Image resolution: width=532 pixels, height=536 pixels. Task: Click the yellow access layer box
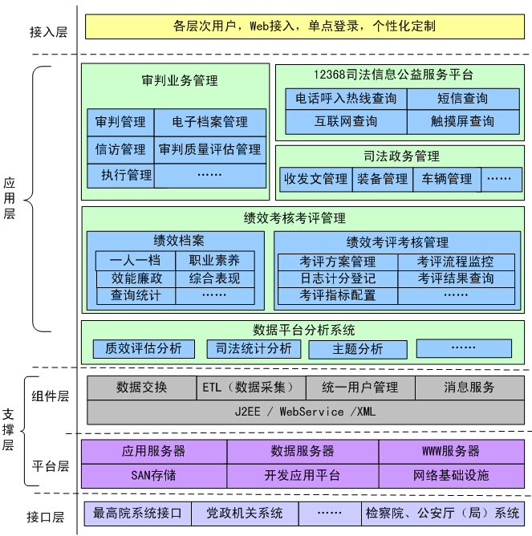tap(305, 26)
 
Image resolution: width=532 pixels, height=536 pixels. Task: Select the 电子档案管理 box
tap(210, 123)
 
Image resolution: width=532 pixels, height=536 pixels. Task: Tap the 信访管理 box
tap(120, 150)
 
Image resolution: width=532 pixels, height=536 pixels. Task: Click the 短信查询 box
tap(463, 99)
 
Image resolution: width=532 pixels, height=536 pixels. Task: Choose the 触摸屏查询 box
tap(463, 122)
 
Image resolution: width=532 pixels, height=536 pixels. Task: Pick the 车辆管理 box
tap(446, 179)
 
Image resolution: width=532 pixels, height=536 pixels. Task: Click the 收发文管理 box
tap(316, 179)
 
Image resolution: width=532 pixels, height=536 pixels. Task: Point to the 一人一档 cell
tap(136, 261)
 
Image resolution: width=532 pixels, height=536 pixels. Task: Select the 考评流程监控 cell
tap(456, 262)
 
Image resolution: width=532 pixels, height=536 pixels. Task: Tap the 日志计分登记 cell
tap(338, 279)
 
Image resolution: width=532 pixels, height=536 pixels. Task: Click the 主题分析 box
tap(358, 349)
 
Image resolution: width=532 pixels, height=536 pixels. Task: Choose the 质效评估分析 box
tap(144, 349)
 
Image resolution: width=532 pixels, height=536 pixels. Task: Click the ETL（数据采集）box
tap(251, 388)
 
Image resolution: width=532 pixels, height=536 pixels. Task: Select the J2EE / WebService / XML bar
tap(306, 412)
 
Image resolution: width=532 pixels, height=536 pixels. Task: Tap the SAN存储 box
tap(154, 476)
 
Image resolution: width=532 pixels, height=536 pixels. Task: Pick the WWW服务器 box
tap(451, 452)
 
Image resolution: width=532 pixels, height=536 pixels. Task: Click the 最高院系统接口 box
tap(137, 514)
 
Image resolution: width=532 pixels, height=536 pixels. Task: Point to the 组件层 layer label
tap(51, 396)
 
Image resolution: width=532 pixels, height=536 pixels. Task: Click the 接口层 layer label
tap(46, 518)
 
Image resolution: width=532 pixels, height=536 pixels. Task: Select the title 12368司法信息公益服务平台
tap(393, 75)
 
